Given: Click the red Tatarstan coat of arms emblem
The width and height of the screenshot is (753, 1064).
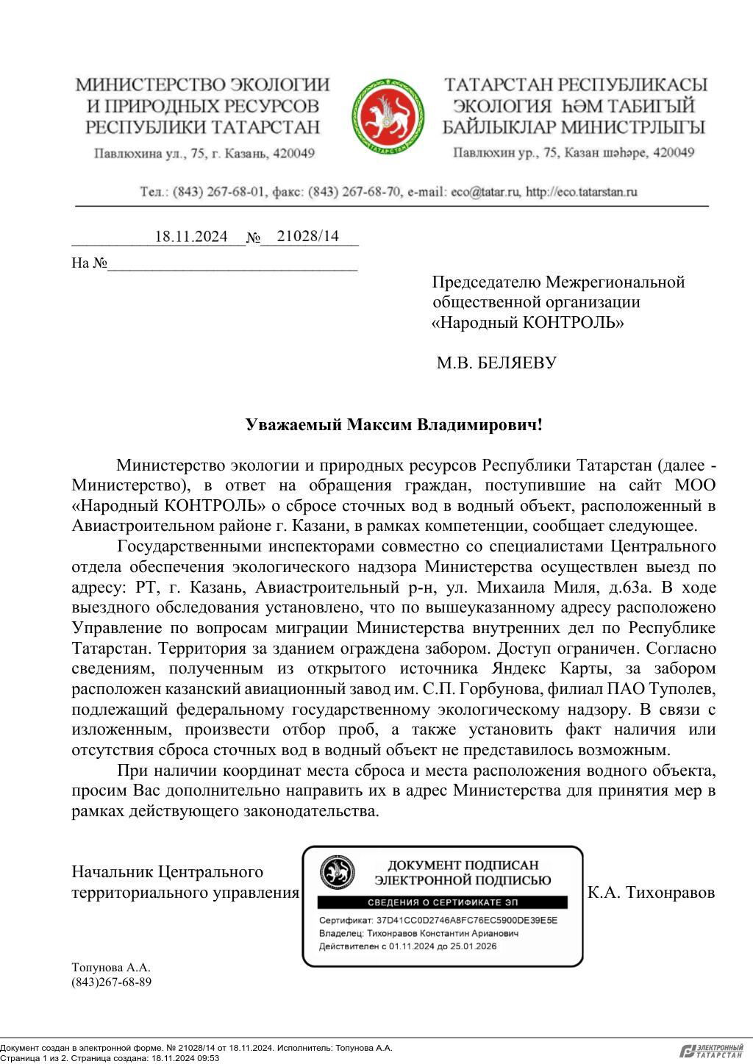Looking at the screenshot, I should pos(388,117).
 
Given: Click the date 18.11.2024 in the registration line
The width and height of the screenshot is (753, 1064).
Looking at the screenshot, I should pos(191,237).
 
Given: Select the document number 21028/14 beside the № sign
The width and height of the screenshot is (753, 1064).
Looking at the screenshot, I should pos(307,236).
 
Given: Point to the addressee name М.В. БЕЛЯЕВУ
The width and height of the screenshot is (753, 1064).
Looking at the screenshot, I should pos(496,363).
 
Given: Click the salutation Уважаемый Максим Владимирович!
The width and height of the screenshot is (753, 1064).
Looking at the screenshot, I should pos(393,425).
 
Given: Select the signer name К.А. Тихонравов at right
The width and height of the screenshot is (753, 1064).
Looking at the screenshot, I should pos(652,893).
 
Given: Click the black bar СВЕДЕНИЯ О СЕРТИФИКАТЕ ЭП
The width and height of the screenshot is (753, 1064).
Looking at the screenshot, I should pos(442,902).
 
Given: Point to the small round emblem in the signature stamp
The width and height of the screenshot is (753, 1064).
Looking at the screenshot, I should pos(337,872).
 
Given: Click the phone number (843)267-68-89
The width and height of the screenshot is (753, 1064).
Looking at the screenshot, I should pos(112,982).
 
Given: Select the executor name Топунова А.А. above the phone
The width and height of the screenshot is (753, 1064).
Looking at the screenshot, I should pos(111,968).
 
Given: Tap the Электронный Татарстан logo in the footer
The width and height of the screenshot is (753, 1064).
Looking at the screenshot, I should pos(711,1051).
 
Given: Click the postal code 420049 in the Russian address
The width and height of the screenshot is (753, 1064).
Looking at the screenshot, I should pos(293,154).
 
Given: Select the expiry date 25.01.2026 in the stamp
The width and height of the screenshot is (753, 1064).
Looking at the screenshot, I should pos(472,946).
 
